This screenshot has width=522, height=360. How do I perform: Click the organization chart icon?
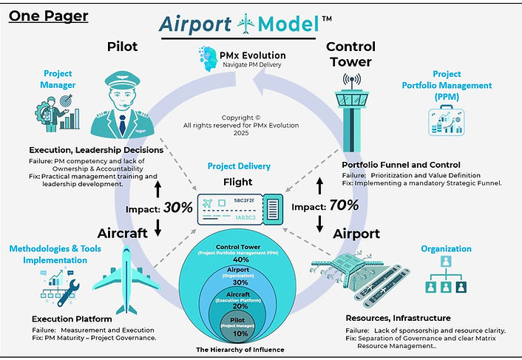pos(445,278)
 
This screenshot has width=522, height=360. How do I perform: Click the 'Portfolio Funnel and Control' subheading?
pos(401,164)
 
